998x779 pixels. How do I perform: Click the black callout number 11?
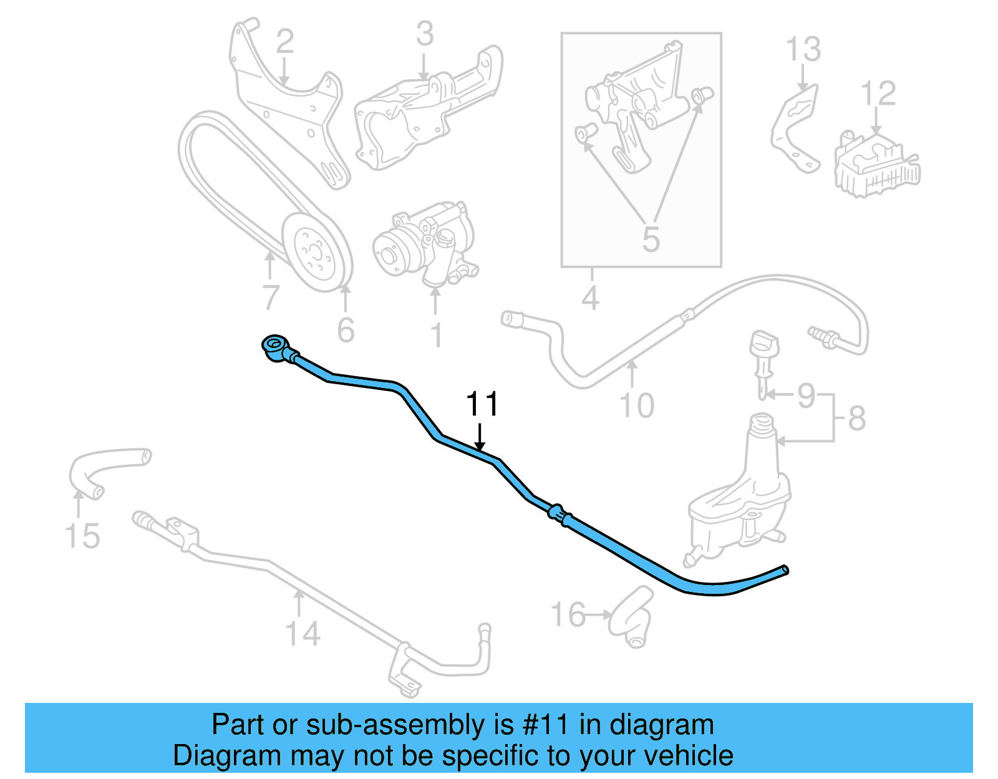(482, 404)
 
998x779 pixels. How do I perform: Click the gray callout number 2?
(285, 41)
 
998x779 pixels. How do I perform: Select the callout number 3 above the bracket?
(425, 34)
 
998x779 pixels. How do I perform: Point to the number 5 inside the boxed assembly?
(651, 240)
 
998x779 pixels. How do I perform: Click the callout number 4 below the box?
(590, 298)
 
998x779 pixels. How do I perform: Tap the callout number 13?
(803, 49)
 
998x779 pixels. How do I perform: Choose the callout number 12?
(878, 94)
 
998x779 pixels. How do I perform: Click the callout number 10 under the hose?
(636, 405)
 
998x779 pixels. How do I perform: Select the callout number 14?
(303, 633)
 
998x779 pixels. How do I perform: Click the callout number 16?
(568, 614)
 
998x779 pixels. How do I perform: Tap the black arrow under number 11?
(480, 437)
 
